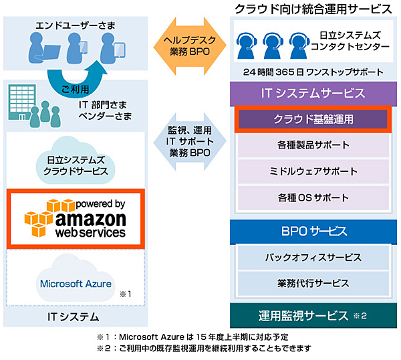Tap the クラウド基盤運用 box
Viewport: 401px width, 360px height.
pos(313,120)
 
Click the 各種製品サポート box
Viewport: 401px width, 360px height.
pos(313,145)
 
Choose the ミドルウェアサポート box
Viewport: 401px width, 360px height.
pos(313,171)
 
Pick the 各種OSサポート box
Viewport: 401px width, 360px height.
pos(313,197)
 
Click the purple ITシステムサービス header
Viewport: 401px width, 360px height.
pos(313,93)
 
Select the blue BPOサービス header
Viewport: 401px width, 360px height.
pos(313,231)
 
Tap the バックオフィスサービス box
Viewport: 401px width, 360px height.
pos(313,257)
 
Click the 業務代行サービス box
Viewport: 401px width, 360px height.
pos(313,283)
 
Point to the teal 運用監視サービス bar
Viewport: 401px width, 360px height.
pos(313,315)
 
